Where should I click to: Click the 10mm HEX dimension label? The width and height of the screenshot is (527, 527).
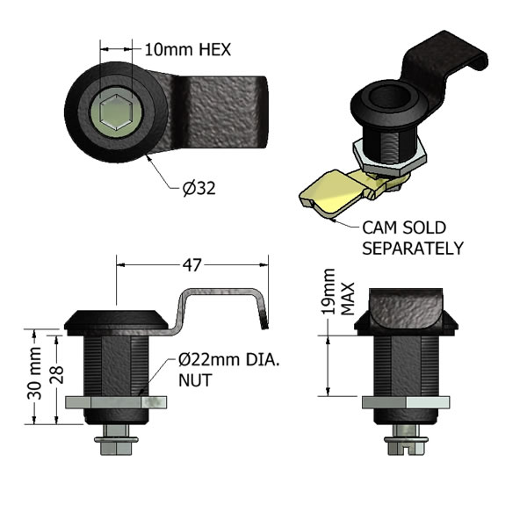pyautogui.click(x=188, y=50)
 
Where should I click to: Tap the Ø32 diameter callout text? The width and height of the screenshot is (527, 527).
pyautogui.click(x=199, y=188)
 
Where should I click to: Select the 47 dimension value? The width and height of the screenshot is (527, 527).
pyautogui.click(x=191, y=265)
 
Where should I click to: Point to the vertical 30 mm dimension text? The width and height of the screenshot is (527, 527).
pyautogui.click(x=34, y=373)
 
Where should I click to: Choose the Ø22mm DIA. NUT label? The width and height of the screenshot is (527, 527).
pyautogui.click(x=228, y=370)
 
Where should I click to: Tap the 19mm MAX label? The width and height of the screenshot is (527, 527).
pyautogui.click(x=338, y=292)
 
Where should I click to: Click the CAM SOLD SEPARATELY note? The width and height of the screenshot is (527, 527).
pyautogui.click(x=413, y=238)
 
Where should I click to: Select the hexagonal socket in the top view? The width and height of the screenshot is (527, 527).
pyautogui.click(x=116, y=112)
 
